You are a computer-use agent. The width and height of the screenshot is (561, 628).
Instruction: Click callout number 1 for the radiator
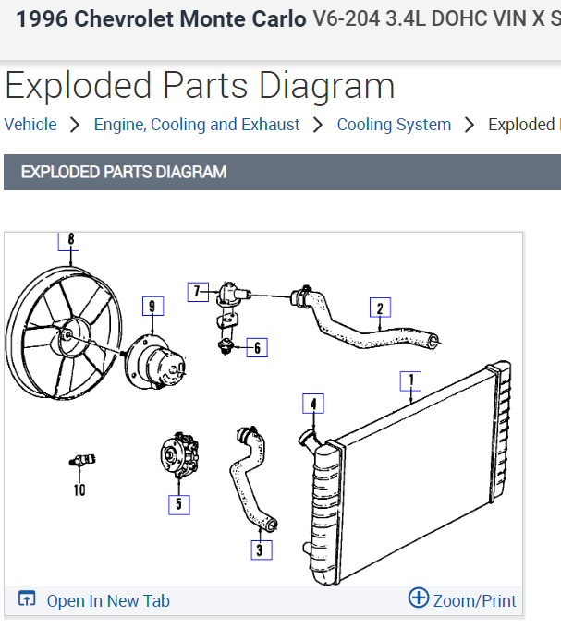[410, 380]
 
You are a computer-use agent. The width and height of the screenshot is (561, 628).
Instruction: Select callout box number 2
[379, 308]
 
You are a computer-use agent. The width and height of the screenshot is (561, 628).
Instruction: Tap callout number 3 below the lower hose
[262, 549]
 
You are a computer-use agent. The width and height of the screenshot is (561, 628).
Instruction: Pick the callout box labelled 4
[314, 404]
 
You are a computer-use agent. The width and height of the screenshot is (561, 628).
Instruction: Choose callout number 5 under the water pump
[178, 504]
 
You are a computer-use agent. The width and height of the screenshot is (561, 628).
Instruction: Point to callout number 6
[257, 347]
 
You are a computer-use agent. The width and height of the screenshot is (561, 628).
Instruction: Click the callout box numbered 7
[196, 292]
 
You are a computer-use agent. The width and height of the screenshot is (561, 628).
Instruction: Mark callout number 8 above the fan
[69, 240]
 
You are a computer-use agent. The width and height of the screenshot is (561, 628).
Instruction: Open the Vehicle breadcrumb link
[30, 125]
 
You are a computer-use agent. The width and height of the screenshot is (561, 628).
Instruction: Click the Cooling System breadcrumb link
[394, 125]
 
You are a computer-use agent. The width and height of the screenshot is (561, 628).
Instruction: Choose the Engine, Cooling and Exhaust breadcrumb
[197, 125]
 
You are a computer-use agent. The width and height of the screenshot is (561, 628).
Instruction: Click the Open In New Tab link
[107, 600]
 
